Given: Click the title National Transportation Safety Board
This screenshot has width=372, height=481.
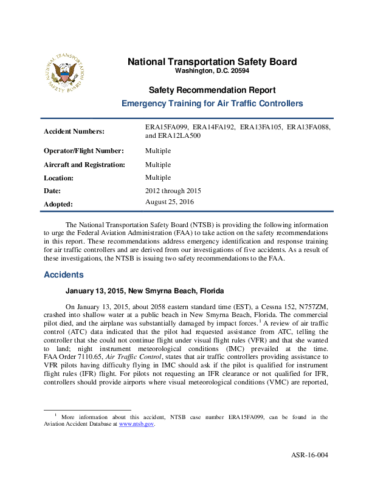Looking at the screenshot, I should (x=212, y=61).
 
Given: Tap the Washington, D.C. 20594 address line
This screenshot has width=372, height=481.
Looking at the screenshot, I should (x=212, y=71).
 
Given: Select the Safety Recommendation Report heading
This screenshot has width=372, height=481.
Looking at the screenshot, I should (x=212, y=90).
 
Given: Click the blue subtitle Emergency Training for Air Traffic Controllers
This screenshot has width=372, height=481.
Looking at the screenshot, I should (x=212, y=104).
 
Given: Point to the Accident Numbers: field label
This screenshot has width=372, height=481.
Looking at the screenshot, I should (x=74, y=131).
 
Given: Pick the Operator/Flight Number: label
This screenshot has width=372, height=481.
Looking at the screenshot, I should (x=84, y=151).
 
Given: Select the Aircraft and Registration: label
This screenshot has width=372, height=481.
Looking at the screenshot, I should (x=84, y=165).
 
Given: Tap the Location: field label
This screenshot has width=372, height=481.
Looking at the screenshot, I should (x=58, y=178).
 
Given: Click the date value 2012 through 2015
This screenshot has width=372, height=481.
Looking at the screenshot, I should (x=173, y=191).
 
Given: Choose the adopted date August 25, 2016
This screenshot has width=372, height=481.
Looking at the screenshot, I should (x=170, y=201).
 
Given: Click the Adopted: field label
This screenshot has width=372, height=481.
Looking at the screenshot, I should (x=58, y=205).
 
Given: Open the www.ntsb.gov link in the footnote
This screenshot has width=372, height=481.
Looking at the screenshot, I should (x=136, y=425).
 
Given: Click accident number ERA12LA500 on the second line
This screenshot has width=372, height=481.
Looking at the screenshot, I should (x=181, y=136).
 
